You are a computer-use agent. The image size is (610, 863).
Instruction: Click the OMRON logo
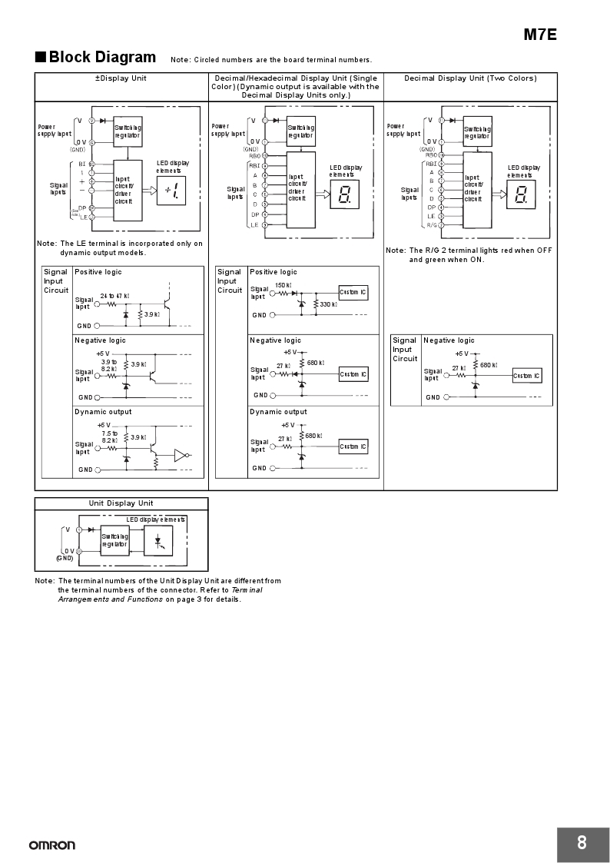coord(52,845)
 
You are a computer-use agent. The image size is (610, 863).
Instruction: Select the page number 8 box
coord(581,843)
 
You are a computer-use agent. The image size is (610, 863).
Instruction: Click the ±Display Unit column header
coord(121,78)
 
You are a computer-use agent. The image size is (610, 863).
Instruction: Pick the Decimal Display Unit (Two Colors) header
coord(470,78)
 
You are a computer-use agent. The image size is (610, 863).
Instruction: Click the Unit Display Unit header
coord(121,503)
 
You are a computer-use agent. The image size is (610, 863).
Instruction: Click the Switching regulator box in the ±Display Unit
coord(128,131)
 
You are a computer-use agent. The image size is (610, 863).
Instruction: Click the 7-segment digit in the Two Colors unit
coord(522,194)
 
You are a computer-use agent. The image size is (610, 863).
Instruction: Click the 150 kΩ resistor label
coord(282,285)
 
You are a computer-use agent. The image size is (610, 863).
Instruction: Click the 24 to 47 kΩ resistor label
coord(114,296)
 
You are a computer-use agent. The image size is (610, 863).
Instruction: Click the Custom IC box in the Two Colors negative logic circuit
coord(527,376)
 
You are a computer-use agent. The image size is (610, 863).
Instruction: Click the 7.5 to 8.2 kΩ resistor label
coord(109,436)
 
